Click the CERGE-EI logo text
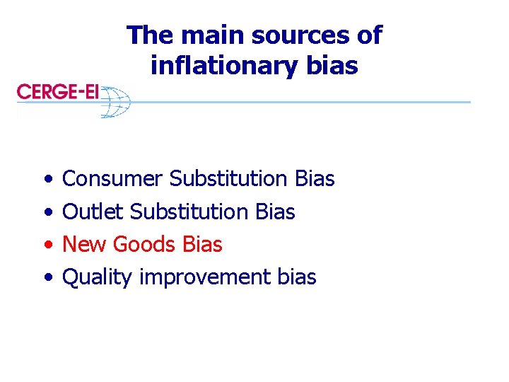point(58,91)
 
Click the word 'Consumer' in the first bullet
point(112,179)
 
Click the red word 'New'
point(84,244)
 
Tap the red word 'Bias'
point(202,244)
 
